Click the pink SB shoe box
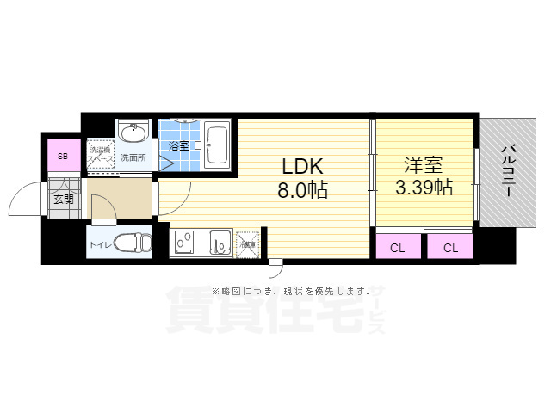point(62,157)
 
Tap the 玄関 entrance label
point(64,200)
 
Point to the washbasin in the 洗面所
point(133,134)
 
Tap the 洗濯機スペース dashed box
point(101,156)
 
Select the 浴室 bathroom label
point(179,146)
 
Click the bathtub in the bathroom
point(217,145)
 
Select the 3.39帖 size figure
point(424,188)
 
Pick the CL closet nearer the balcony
point(450,248)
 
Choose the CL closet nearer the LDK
point(397,248)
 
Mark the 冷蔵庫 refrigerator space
point(248,244)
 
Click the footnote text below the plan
point(274,290)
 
